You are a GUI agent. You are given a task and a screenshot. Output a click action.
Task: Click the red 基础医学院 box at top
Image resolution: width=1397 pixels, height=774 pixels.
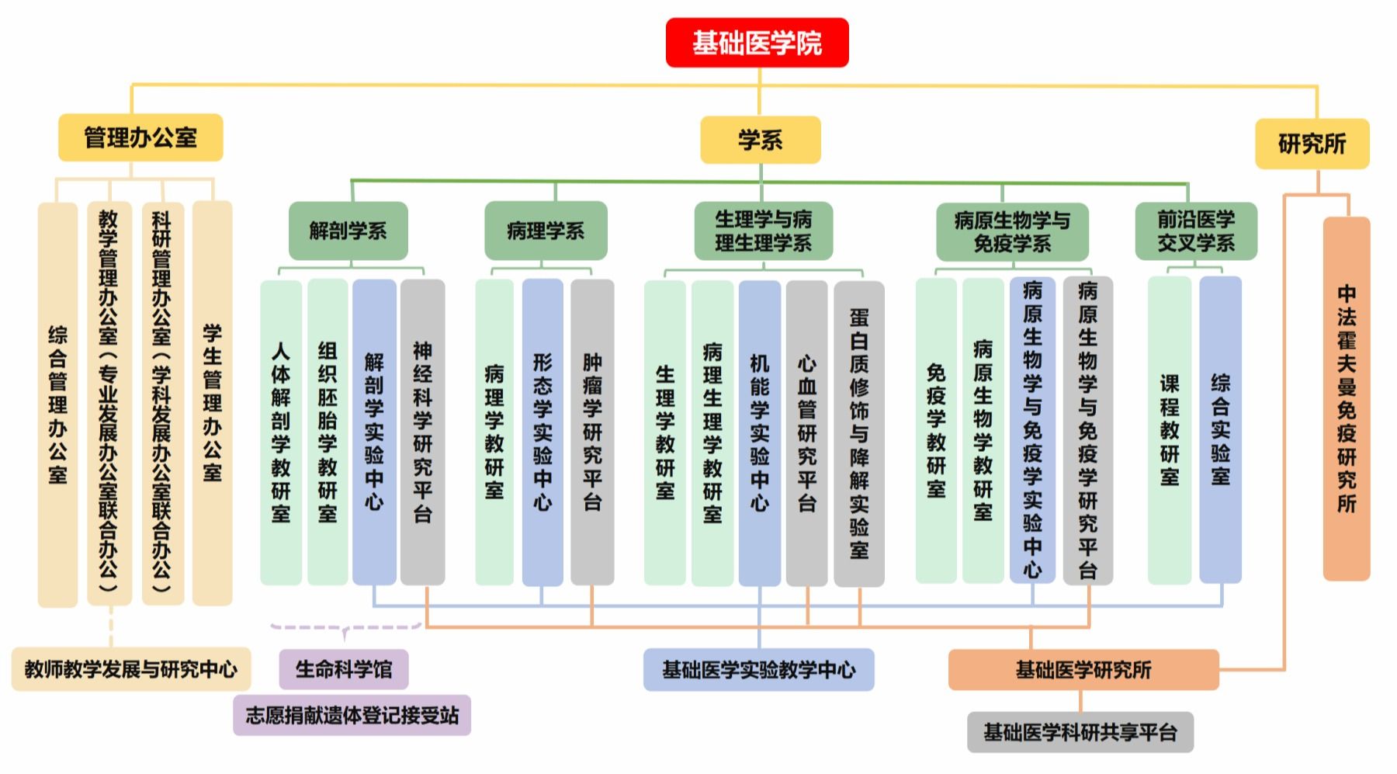coord(757,43)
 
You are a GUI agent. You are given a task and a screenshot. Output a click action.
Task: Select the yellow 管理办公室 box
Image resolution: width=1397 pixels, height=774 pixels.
coord(140,138)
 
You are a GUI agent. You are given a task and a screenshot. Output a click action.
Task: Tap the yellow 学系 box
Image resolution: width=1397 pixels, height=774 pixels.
coord(760,140)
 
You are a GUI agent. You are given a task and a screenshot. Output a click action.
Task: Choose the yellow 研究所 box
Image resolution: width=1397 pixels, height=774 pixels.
coord(1312,144)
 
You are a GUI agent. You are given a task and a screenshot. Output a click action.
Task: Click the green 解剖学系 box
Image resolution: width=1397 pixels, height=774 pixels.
coord(348,231)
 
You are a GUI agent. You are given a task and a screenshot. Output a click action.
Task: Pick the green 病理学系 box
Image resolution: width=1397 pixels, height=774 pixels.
coord(546,231)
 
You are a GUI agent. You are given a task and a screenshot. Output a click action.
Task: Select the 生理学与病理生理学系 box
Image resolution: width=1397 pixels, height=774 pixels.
coord(763,231)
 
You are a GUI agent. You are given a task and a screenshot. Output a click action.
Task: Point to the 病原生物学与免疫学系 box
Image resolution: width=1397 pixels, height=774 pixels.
coord(1012,231)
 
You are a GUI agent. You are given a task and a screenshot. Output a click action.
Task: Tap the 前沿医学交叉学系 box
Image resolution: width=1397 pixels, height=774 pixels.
coord(1195,231)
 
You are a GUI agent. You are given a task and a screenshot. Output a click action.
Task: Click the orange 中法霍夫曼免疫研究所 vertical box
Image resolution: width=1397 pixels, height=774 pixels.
coord(1347,399)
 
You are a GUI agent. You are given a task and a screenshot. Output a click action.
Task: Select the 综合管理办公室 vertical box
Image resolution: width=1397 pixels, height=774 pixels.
coord(57,404)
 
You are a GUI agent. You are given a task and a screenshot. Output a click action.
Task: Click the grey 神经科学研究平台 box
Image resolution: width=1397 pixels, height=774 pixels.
coord(422,432)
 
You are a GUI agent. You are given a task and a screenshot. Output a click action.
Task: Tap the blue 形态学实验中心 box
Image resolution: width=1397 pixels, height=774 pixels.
coord(543,432)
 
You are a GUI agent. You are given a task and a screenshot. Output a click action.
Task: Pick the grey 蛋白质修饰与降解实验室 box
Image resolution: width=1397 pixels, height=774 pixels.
coord(858,433)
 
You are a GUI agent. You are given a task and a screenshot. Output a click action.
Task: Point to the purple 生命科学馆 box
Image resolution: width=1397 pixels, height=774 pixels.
coord(344,669)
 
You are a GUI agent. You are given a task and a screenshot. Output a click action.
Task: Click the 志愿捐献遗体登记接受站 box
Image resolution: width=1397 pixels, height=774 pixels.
coord(352,715)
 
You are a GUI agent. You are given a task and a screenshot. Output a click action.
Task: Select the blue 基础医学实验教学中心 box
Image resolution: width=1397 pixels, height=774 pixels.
coord(758,669)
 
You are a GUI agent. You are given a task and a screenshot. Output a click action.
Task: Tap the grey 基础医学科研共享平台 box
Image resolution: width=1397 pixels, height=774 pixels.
coord(1080,732)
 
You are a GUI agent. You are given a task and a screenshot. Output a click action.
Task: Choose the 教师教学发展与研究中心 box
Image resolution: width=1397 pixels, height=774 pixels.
coord(131,669)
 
